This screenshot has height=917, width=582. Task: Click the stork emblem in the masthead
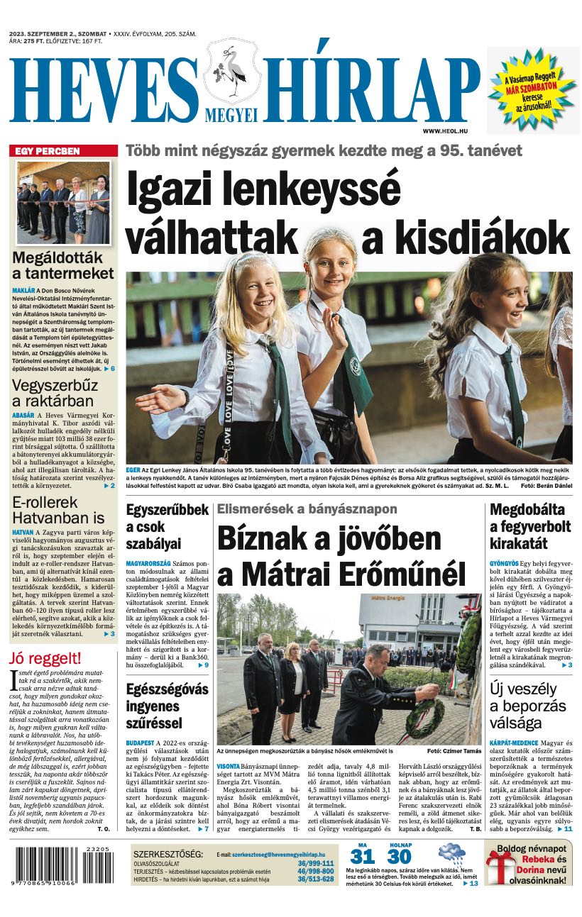(232, 74)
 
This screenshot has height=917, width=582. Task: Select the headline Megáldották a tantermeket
(62, 265)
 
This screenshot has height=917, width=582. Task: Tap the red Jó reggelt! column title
(45, 657)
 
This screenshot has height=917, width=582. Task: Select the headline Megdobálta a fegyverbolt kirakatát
(530, 526)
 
